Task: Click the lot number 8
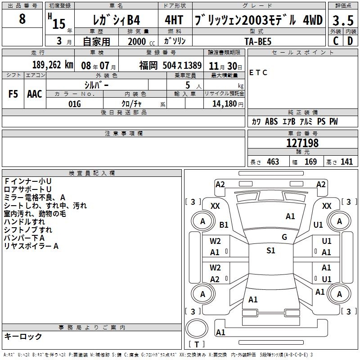pos(22,18)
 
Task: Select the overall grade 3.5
pos(343,20)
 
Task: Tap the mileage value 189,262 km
pos(53,65)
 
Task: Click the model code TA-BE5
pos(258,41)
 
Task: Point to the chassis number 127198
pos(302,143)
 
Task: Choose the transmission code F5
pos(13,94)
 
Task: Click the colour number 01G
pos(75,104)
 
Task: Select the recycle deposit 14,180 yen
pos(228,104)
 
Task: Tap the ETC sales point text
pos(258,72)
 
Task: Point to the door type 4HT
pos(174,20)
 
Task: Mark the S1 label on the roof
pos(271,250)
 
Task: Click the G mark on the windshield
pos(284,237)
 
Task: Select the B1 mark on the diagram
pos(224,225)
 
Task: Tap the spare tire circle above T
pos(197,328)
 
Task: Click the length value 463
pos(273,162)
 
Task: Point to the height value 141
pos(346,162)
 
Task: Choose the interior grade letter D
pos(351,41)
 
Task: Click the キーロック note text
pos(23,336)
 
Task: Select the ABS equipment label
pos(271,121)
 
